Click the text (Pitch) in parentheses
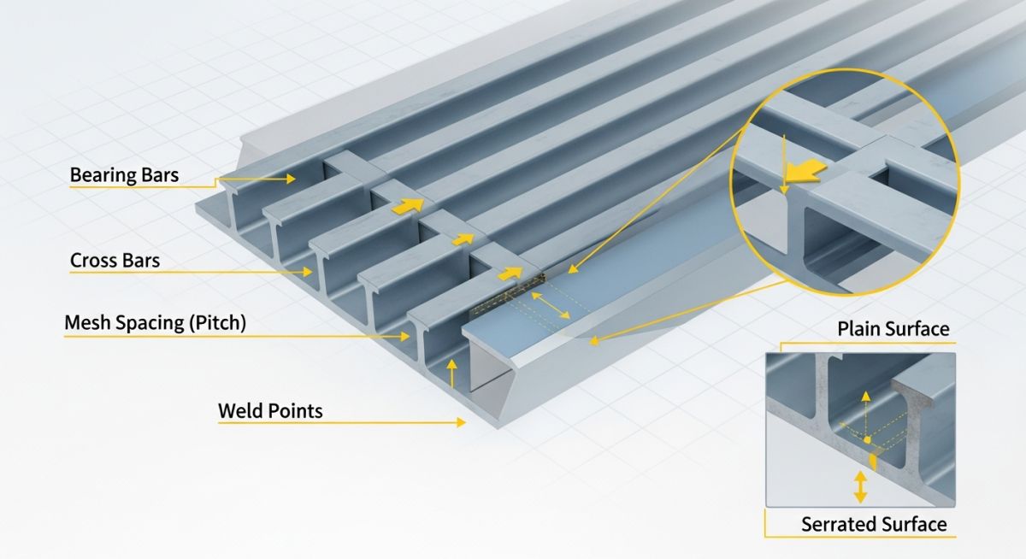[215, 323]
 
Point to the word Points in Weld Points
[295, 411]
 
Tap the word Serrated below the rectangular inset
[838, 524]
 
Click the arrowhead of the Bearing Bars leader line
[292, 179]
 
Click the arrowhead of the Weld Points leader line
[462, 421]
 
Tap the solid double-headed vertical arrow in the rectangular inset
[860, 488]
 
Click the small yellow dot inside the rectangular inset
[867, 439]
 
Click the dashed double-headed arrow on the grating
[551, 305]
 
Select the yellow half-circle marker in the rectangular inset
[874, 461]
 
